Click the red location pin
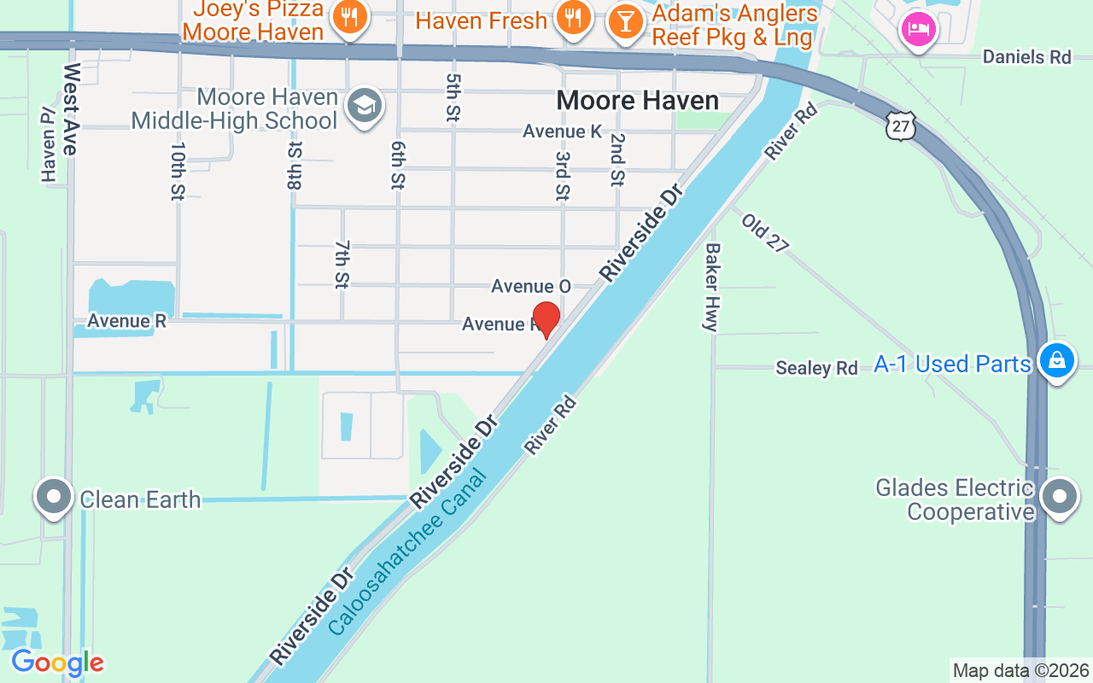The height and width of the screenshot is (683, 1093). point(546,318)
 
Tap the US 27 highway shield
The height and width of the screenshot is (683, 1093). point(900,126)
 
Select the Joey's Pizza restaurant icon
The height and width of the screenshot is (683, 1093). point(349,16)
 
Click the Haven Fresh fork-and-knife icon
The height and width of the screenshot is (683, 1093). point(573,16)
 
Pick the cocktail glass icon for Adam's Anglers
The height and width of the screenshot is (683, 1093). point(626,20)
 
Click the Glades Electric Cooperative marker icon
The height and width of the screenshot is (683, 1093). point(1060,496)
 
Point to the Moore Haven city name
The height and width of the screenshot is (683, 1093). point(637,101)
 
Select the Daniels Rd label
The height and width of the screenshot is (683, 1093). point(1026,57)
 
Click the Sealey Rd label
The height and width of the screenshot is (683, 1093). point(816,368)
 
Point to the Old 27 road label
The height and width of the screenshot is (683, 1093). point(764,233)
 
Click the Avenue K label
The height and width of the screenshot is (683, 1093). point(563,131)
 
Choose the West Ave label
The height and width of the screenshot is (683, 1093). point(70,108)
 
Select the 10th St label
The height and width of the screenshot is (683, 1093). point(178,171)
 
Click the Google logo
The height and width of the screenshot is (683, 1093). point(57,663)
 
